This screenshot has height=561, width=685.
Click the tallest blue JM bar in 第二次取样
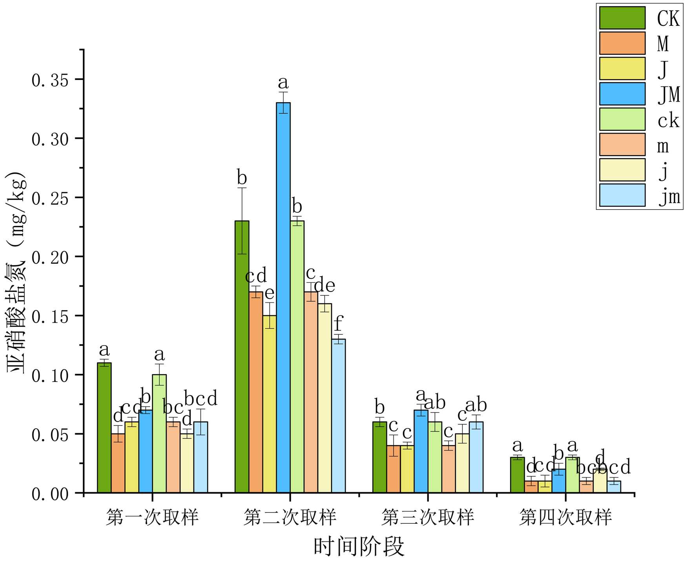pyautogui.click(x=283, y=298)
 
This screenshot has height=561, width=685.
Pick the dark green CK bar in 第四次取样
pyautogui.click(x=517, y=475)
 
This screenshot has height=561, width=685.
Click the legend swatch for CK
pyautogui.click(x=622, y=18)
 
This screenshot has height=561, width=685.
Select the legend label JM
pyautogui.click(x=669, y=94)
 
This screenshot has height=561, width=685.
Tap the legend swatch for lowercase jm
pyautogui.click(x=622, y=195)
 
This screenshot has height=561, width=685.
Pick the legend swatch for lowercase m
pyautogui.click(x=622, y=145)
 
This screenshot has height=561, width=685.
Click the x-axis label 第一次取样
pyautogui.click(x=152, y=517)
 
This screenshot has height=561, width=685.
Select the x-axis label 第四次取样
pyautogui.click(x=565, y=517)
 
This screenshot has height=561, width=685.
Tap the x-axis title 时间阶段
pyautogui.click(x=359, y=547)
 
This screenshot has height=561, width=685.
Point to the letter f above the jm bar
pyautogui.click(x=338, y=324)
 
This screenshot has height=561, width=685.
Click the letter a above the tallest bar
pyautogui.click(x=283, y=83)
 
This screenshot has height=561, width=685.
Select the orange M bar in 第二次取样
pyautogui.click(x=256, y=392)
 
